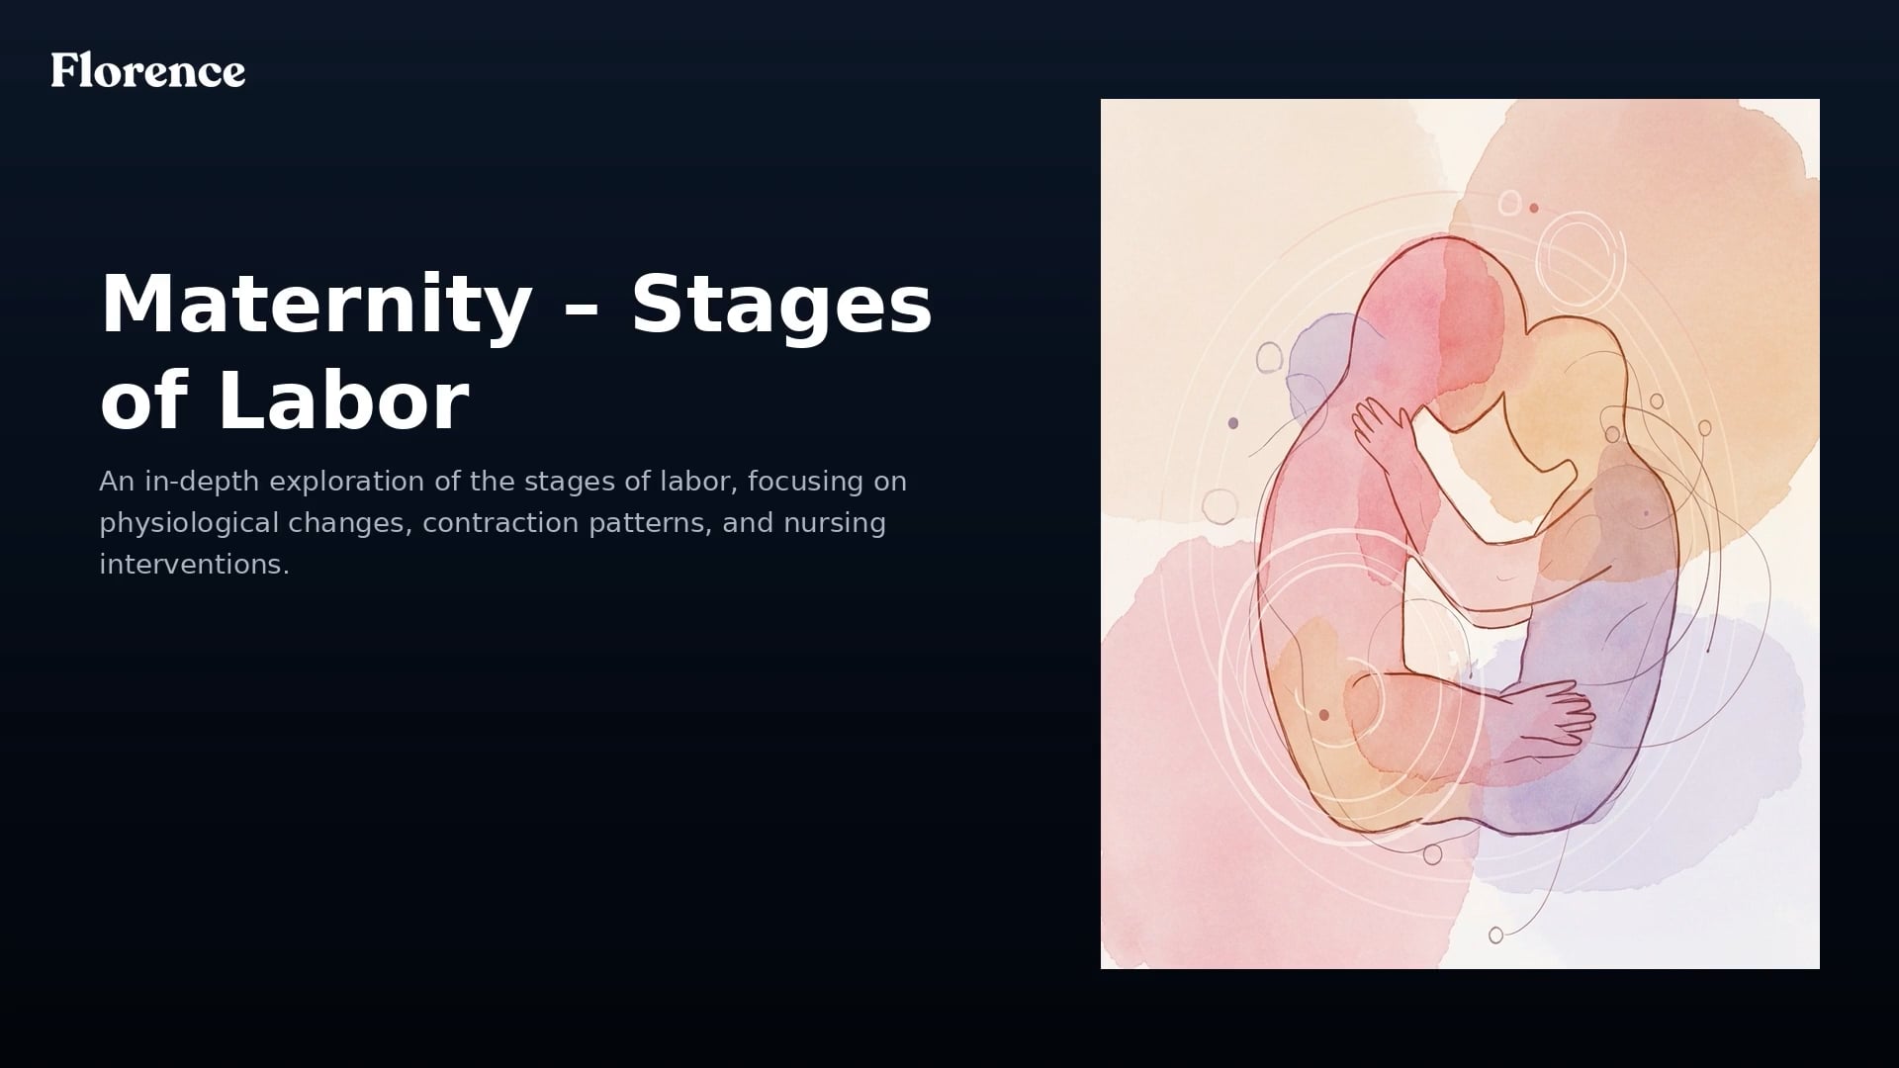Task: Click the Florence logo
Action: click(x=148, y=70)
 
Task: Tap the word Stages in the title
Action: click(x=781, y=305)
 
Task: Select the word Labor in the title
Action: click(x=342, y=401)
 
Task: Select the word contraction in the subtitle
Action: click(x=500, y=523)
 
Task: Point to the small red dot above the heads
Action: click(x=1534, y=209)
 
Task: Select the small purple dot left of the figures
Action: click(x=1233, y=423)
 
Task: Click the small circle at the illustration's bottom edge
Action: click(x=1495, y=934)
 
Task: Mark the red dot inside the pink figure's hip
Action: click(x=1324, y=715)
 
